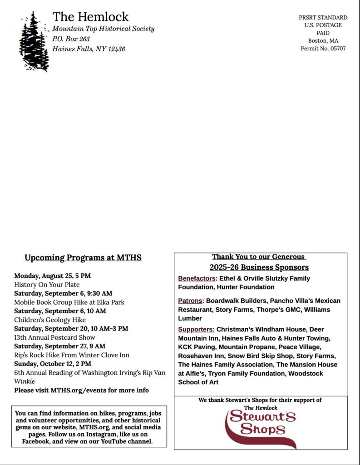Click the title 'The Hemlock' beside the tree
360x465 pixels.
90,17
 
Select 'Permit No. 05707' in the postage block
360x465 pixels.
323,49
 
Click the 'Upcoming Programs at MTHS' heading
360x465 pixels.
83,258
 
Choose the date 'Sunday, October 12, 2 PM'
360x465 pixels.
53,364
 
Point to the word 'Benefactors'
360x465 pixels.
197,278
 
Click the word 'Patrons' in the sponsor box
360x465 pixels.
191,301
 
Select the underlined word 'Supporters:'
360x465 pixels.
196,329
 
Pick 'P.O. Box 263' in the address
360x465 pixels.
71,39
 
